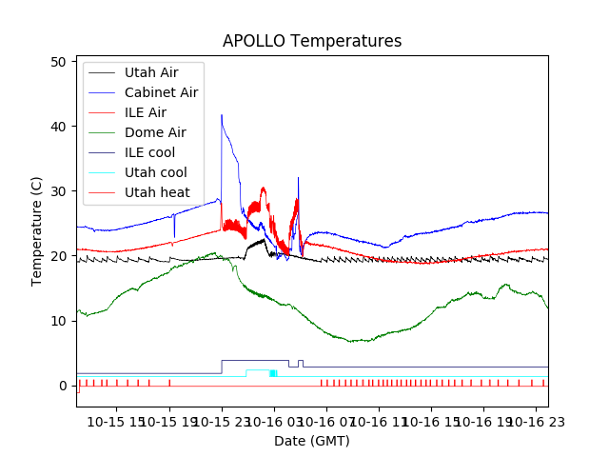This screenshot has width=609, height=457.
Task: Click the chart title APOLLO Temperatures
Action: click(312, 41)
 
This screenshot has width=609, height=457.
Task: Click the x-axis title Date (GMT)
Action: click(311, 441)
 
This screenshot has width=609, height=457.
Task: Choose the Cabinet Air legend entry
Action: click(161, 92)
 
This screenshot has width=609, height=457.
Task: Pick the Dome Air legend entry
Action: click(155, 132)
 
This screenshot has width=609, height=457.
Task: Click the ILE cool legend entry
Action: click(149, 152)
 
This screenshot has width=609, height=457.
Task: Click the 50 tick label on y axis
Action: click(58, 62)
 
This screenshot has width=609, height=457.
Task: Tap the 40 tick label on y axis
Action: click(58, 127)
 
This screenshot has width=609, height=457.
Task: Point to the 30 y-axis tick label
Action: click(58, 191)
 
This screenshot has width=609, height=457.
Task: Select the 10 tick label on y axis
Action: click(58, 321)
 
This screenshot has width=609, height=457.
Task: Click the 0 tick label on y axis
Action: click(62, 386)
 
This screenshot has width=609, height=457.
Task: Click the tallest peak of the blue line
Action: click(222, 116)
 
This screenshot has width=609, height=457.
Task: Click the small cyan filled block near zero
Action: click(273, 373)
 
